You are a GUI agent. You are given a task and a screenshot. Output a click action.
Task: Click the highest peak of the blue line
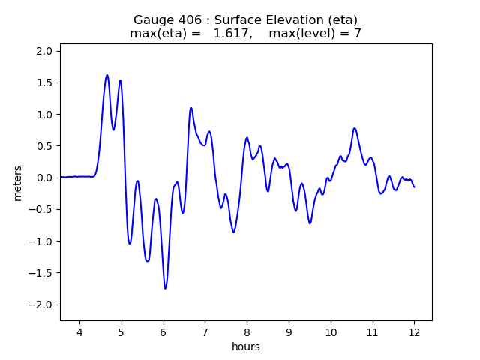[x=107, y=75]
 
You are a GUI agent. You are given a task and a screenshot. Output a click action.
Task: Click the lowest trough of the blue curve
[x=165, y=288]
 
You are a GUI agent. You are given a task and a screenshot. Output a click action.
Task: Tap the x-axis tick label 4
[x=79, y=333]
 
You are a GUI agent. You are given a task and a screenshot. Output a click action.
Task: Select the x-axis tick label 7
[x=205, y=333]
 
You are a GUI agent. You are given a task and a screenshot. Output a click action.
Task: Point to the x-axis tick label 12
[x=414, y=333]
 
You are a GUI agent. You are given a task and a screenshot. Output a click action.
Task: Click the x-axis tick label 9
[x=289, y=333]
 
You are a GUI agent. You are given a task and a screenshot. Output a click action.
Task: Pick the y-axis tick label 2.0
[x=44, y=51]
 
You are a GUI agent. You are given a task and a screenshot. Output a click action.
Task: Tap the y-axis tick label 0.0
[x=44, y=178]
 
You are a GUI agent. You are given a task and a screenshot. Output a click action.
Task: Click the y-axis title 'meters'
[x=17, y=183]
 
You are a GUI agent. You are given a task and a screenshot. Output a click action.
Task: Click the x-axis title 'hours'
[x=246, y=347]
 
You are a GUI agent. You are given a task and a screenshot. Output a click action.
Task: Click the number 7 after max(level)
[x=358, y=34]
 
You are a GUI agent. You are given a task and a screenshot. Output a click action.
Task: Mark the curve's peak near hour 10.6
[x=355, y=128]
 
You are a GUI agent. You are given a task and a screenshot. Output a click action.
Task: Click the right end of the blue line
[x=414, y=187]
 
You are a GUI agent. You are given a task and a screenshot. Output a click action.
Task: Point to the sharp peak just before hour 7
[x=191, y=108]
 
